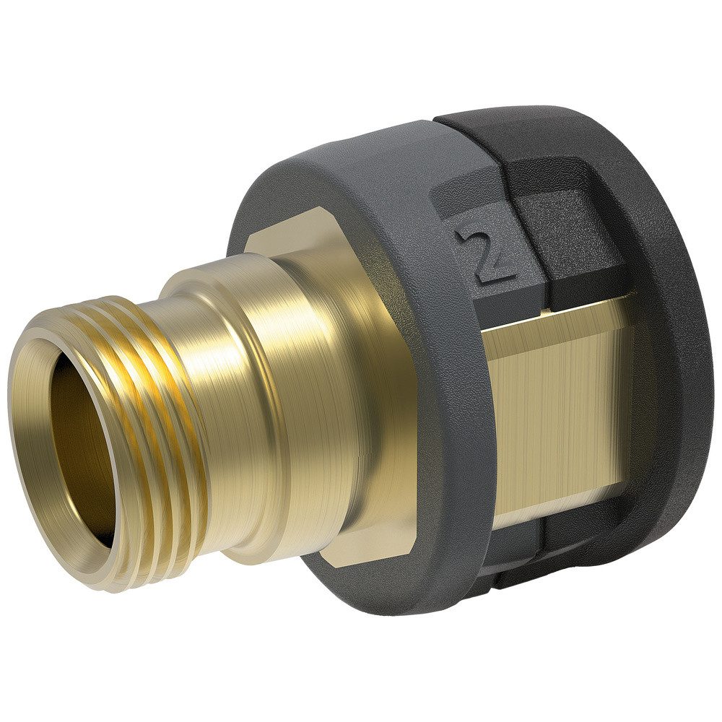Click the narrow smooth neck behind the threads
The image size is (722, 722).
coord(209,404)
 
